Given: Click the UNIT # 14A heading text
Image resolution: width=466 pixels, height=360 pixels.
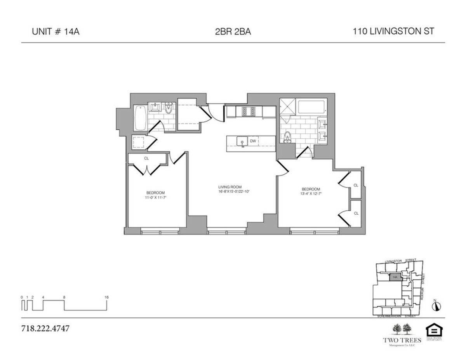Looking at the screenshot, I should (x=56, y=32).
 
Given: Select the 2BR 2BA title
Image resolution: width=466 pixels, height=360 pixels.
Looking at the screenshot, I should (x=233, y=32).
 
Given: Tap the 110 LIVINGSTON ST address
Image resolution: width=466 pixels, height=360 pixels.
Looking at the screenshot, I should (x=393, y=32).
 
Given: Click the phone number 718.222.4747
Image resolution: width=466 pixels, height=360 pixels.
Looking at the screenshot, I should (x=45, y=329).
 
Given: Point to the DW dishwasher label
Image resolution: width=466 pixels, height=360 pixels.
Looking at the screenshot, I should (x=253, y=141).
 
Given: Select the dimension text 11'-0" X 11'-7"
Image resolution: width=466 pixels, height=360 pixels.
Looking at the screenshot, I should (x=156, y=197).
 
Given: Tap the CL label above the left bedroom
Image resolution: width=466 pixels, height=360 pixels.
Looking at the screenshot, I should (x=146, y=158).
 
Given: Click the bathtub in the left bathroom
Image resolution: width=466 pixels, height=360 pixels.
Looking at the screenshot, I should (x=140, y=118).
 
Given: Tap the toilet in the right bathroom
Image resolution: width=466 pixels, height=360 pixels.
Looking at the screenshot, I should (x=287, y=137).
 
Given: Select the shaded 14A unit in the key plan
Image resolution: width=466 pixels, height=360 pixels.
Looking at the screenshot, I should (x=395, y=277).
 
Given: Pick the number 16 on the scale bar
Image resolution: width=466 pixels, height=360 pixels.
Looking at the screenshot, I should (x=106, y=297).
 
